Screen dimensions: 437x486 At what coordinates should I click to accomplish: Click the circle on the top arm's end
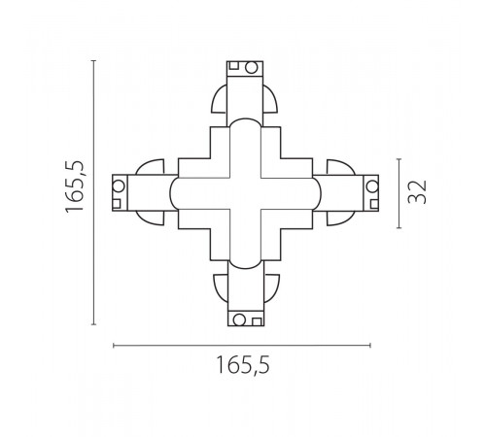click(x=251, y=68)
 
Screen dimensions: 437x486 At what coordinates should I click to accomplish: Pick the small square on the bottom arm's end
click(x=256, y=320)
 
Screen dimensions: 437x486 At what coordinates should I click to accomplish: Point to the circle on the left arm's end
click(x=119, y=185)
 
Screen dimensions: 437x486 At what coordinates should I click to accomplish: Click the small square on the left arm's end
click(x=119, y=203)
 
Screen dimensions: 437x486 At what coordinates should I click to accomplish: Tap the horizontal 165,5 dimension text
click(x=242, y=366)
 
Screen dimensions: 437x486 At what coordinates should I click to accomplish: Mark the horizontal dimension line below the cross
click(x=242, y=345)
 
